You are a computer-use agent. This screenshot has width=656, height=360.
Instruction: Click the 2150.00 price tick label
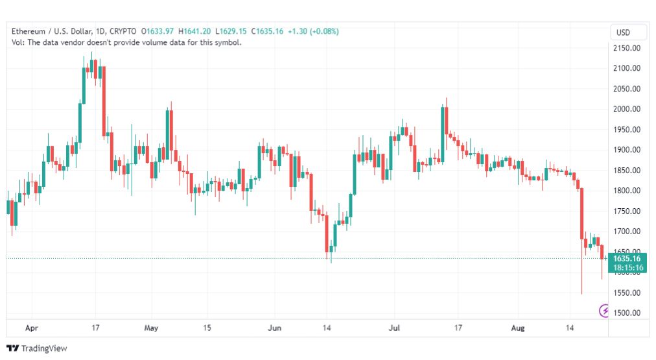point(626,48)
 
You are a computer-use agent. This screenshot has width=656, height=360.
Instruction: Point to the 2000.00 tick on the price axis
point(626,109)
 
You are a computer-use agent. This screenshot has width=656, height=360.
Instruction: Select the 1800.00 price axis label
point(626,191)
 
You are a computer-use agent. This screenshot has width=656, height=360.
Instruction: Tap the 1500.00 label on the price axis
point(626,313)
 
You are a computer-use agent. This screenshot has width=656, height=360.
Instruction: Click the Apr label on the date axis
point(32,328)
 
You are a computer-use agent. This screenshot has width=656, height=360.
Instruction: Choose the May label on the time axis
point(151,328)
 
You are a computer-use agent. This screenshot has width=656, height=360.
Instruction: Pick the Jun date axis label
point(274,328)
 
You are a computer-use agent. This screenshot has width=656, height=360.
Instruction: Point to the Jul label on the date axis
point(394,328)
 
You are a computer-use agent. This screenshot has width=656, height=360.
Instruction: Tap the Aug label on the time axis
point(517,328)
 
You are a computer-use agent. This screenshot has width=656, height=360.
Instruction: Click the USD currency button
point(623,32)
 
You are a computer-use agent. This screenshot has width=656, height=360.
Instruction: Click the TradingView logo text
point(44,348)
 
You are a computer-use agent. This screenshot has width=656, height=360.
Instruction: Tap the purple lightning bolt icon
point(604,311)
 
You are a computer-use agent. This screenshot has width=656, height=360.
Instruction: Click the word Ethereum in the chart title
point(29,31)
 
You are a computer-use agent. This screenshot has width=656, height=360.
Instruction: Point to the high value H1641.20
point(194,31)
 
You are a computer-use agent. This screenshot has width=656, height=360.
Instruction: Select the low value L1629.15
point(231,31)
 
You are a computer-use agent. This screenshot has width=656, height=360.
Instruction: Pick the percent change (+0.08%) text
point(324,31)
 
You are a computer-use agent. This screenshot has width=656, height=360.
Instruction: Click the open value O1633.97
point(158,31)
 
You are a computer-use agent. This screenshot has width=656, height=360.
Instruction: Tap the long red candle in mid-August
point(581,213)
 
